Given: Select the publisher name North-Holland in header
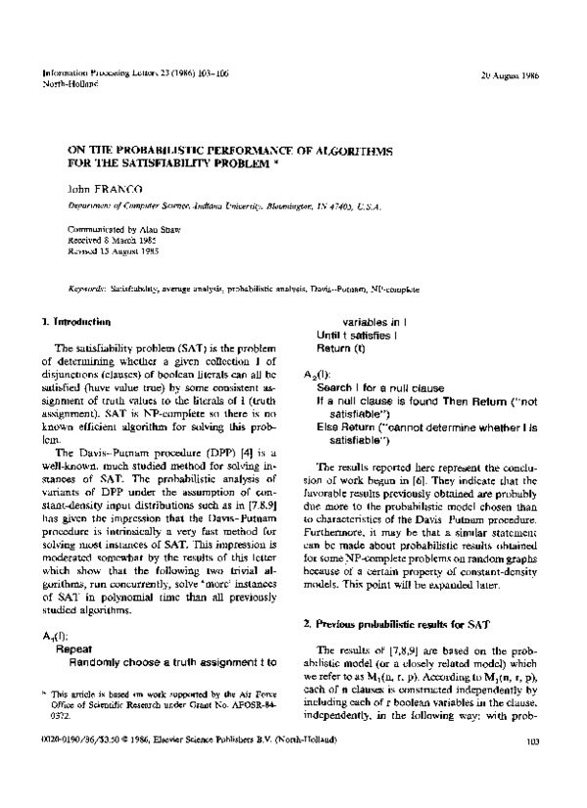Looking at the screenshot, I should point(64,85).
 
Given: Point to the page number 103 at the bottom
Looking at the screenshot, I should point(532,769).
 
